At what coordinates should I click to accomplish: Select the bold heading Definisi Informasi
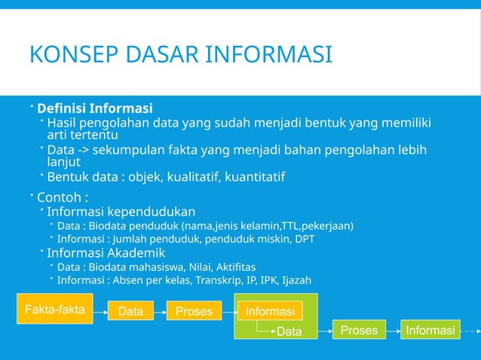(95, 108)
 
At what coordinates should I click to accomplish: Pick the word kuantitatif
(251, 178)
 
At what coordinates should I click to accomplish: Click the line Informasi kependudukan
(121, 212)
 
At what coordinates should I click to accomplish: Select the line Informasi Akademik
(106, 253)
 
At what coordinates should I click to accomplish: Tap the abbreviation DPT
(303, 239)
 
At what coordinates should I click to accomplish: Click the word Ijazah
(295, 280)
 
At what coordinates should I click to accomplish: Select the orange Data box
(130, 311)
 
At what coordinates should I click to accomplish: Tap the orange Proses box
(194, 311)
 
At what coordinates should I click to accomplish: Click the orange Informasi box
(270, 311)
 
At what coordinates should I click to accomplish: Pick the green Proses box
(359, 330)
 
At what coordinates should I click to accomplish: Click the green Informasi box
(430, 330)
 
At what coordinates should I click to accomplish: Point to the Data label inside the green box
(290, 331)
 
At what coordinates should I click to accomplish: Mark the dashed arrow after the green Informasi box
(469, 331)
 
